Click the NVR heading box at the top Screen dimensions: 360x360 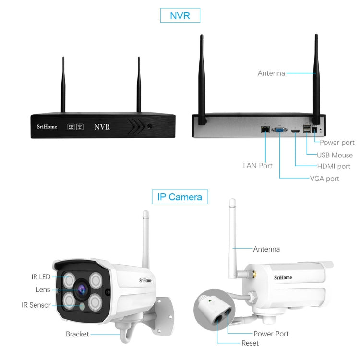(x=180, y=15)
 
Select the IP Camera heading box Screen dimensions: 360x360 (x=180, y=196)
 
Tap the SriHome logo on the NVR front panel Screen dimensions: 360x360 (x=47, y=127)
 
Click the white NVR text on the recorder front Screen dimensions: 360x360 (x=102, y=127)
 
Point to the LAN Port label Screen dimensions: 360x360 (x=258, y=166)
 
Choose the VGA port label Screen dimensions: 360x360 (x=324, y=179)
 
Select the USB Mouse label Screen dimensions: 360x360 (x=335, y=155)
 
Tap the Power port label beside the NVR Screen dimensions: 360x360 (x=337, y=143)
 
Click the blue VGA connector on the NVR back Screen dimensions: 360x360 (x=279, y=129)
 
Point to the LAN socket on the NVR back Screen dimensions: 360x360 (x=264, y=129)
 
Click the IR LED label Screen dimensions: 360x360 (x=41, y=276)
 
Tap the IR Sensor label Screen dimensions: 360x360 (x=36, y=305)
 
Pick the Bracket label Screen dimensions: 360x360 (x=77, y=334)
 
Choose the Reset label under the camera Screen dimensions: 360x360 (x=251, y=343)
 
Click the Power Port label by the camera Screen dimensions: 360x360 (x=271, y=334)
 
